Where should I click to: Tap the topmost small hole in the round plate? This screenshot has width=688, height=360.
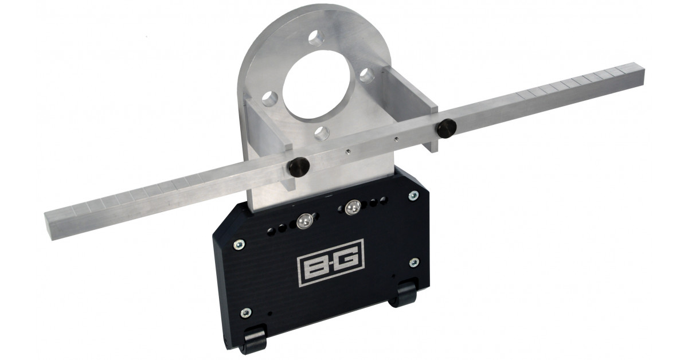(x=316, y=37)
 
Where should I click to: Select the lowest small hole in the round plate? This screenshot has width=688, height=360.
(x=322, y=134)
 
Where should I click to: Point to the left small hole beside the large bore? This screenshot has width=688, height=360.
(x=270, y=99)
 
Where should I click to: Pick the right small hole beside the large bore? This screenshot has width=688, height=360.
(x=367, y=75)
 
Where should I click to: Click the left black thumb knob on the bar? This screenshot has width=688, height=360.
(x=299, y=167)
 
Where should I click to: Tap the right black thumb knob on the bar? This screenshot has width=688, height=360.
(x=447, y=128)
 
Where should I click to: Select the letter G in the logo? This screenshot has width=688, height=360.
(x=346, y=259)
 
